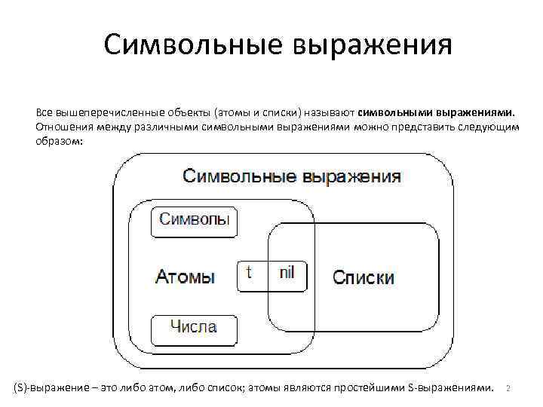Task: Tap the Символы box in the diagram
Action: pyautogui.click(x=195, y=222)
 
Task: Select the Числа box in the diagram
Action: pyautogui.click(x=193, y=328)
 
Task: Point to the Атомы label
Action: pyautogui.click(x=185, y=277)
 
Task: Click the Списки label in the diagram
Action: pyautogui.click(x=364, y=278)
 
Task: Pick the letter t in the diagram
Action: pyautogui.click(x=250, y=273)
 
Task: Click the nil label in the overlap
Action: pyautogui.click(x=287, y=273)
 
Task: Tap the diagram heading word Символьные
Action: pyautogui.click(x=241, y=177)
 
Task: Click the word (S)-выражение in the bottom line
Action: pyautogui.click(x=50, y=387)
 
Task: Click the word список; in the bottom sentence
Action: pyautogui.click(x=223, y=387)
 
